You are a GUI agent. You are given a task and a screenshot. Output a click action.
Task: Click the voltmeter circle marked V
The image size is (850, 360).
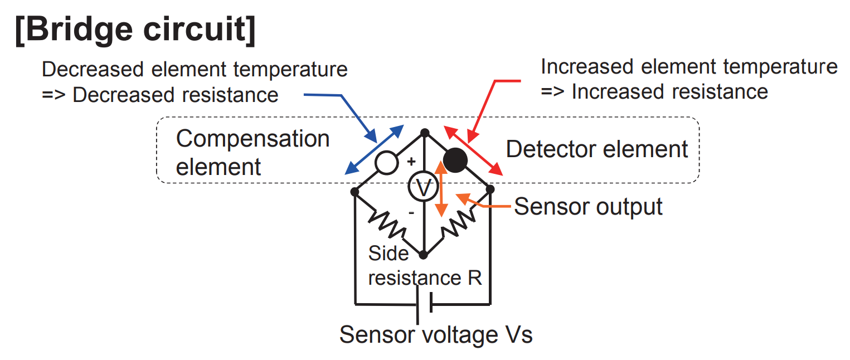(424, 188)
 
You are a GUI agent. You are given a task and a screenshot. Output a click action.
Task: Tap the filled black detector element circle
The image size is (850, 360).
(455, 161)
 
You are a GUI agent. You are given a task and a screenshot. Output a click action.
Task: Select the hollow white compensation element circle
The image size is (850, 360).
(386, 163)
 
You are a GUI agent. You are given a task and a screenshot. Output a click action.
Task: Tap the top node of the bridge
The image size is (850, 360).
(424, 133)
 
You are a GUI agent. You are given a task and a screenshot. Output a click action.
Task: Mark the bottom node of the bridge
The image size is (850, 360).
(424, 255)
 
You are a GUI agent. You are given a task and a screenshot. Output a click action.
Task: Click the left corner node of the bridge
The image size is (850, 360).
(354, 192)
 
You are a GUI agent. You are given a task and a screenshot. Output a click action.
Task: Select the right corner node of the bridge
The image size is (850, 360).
(490, 189)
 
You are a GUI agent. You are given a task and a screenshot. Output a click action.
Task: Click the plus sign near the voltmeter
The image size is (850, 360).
(411, 162)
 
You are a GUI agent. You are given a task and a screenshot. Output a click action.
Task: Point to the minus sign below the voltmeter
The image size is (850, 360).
(411, 213)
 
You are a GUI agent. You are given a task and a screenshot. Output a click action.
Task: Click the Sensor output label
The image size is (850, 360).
(588, 206)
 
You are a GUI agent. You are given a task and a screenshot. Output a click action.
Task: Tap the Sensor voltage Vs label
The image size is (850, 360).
(436, 335)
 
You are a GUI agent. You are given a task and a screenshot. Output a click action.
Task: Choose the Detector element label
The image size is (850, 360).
(597, 149)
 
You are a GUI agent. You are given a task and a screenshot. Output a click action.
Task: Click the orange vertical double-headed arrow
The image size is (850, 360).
(441, 189)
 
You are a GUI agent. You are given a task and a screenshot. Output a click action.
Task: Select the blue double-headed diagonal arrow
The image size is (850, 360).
(374, 150)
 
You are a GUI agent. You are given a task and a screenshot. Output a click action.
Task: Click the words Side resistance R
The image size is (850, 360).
(425, 266)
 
